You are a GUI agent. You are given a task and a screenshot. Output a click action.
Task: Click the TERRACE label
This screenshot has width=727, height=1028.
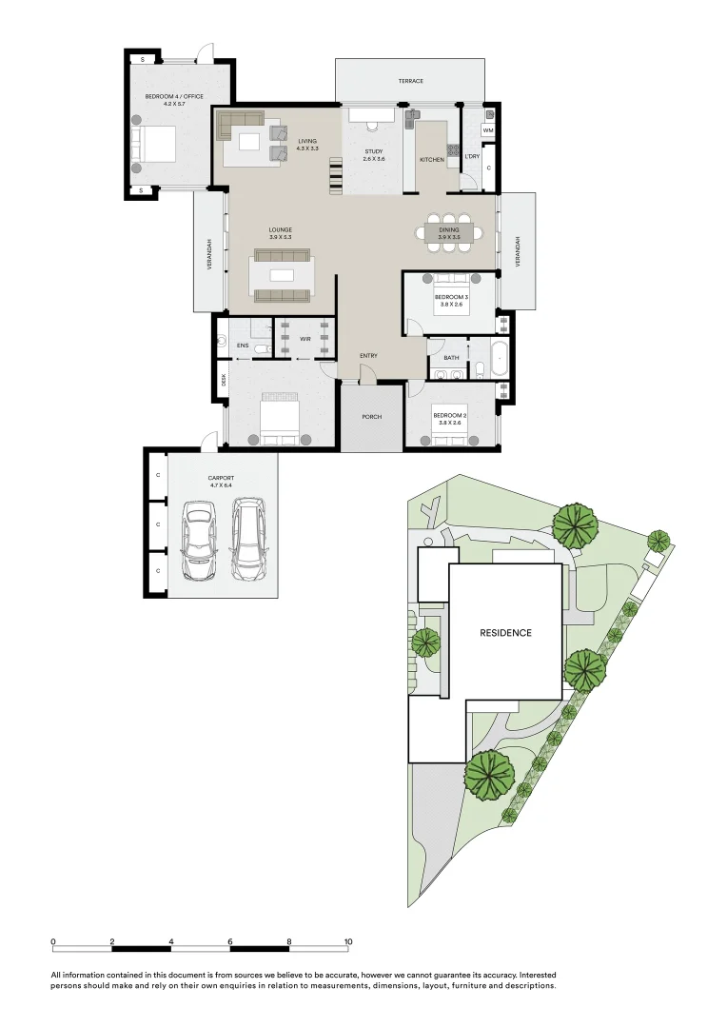pyautogui.click(x=410, y=81)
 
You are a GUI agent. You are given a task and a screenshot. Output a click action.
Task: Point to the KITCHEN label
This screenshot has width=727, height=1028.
pyautogui.click(x=432, y=160)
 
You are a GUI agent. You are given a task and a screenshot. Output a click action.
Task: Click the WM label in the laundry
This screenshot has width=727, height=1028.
pyautogui.click(x=487, y=130)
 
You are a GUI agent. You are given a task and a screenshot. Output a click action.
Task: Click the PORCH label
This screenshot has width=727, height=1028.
pyautogui.click(x=372, y=417)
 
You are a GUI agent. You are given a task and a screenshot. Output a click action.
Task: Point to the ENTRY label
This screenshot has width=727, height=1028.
pyautogui.click(x=368, y=356)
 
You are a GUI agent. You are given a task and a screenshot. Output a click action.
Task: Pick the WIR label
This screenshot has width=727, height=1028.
pyautogui.click(x=305, y=338)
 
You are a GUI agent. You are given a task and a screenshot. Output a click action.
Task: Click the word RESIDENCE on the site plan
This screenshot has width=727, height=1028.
pyautogui.click(x=505, y=632)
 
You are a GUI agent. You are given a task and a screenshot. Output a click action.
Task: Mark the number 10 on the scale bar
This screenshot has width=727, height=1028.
pyautogui.click(x=348, y=941)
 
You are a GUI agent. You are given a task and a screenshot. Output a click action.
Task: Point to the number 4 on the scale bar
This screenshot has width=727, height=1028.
pyautogui.click(x=171, y=941)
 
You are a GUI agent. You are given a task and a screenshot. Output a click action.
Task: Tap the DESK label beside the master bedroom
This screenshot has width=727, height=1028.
pyautogui.click(x=224, y=379)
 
